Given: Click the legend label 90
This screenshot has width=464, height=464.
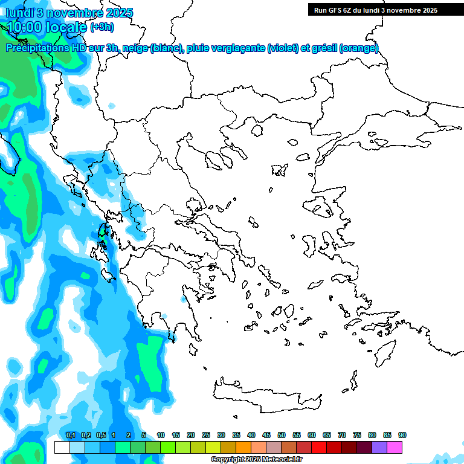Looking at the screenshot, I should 402,435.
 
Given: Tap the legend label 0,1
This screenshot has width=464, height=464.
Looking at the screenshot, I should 70,435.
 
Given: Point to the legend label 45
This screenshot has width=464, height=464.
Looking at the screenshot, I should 266,435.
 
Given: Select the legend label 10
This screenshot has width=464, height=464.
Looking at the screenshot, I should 161,435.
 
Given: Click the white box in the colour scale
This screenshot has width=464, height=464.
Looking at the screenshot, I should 62,447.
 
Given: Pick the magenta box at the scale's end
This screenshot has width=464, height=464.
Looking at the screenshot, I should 395,447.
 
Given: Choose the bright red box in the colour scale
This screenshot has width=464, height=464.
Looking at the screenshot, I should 319,447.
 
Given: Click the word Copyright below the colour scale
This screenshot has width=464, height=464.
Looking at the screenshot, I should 228,460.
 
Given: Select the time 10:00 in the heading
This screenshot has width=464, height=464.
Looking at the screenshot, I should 24,27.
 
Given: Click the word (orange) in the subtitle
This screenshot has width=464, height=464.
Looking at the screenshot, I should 359,48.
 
